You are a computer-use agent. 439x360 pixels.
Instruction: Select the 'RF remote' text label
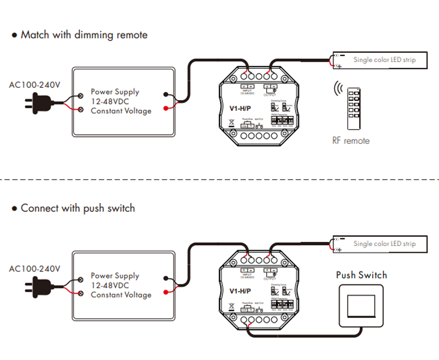[x=351, y=141]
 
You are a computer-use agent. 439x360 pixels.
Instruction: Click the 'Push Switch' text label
[x=361, y=275]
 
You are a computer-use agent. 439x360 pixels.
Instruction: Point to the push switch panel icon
[x=361, y=306]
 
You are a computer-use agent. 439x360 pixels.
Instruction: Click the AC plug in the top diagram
[x=38, y=102]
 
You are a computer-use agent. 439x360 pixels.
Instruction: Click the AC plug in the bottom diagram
[x=38, y=286]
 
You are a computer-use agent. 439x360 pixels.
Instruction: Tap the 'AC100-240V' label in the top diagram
[x=35, y=85]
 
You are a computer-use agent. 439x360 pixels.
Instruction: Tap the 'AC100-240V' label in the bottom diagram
[x=35, y=269]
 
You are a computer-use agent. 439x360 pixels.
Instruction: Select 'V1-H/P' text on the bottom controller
[x=240, y=291]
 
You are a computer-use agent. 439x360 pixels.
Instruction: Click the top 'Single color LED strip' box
[x=379, y=60]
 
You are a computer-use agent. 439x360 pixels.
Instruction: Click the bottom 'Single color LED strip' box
[x=379, y=243]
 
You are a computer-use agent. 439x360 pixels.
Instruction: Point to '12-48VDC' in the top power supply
[x=110, y=101]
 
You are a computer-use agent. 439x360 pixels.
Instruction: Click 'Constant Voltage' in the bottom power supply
[x=121, y=295]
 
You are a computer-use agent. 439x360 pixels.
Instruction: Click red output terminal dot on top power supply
[x=166, y=108]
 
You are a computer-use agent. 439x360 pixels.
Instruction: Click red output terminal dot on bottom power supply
[x=166, y=292]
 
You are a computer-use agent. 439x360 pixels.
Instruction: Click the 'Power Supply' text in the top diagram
[x=115, y=92]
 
